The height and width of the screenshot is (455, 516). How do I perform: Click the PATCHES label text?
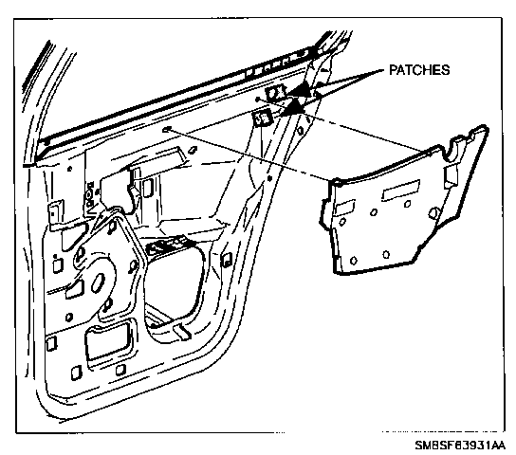tap(419, 70)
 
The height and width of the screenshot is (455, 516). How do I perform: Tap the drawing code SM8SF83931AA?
tap(460, 446)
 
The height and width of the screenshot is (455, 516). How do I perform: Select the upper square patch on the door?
tap(275, 93)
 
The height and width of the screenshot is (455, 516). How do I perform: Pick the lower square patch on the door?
tap(262, 118)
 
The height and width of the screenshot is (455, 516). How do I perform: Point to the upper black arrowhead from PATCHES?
tap(301, 89)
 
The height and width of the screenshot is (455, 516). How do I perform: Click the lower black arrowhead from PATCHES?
tap(293, 107)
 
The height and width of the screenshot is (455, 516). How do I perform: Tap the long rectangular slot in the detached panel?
tap(401, 191)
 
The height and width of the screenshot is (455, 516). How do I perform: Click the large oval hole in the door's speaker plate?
tap(98, 282)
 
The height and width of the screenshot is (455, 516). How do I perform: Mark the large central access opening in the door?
tap(174, 282)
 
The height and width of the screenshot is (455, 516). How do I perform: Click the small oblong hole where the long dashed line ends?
tap(167, 129)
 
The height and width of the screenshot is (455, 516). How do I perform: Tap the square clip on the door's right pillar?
tap(226, 260)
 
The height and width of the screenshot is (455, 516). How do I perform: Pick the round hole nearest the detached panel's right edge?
tap(433, 213)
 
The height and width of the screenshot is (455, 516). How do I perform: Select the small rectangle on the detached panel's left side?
tap(344, 208)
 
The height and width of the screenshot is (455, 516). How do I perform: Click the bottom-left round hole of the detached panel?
tap(353, 261)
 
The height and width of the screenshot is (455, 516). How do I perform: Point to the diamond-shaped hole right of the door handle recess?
tap(193, 150)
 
